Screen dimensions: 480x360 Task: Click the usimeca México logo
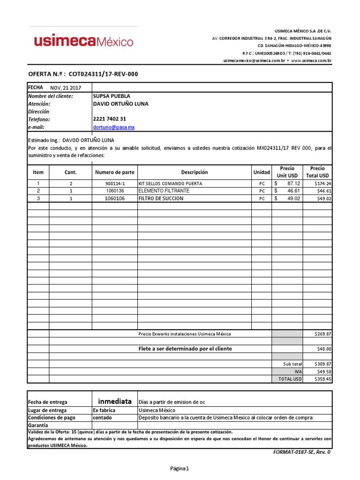(x=83, y=42)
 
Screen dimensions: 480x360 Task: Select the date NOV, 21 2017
(x=66, y=88)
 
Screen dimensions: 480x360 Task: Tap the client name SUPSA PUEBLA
(x=112, y=96)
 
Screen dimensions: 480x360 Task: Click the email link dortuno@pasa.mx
(x=114, y=127)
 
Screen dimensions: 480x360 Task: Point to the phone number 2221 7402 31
(x=110, y=119)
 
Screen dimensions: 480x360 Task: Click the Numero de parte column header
(x=114, y=172)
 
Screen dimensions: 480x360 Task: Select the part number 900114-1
(x=115, y=184)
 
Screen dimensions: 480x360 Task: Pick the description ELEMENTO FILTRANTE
(x=164, y=191)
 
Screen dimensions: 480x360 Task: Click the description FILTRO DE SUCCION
(x=161, y=198)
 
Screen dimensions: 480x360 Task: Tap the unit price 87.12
(x=293, y=184)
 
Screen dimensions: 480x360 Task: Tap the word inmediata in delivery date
(x=114, y=402)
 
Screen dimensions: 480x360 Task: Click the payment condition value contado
(x=102, y=418)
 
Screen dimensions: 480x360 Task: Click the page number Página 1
(x=180, y=468)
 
